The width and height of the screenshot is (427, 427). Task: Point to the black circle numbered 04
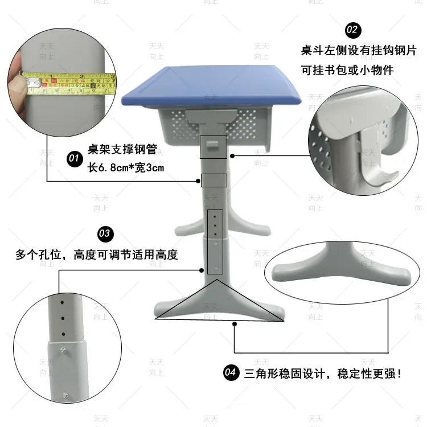(230, 373)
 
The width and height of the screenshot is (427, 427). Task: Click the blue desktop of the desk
(213, 85)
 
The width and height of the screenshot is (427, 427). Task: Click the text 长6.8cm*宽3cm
(126, 167)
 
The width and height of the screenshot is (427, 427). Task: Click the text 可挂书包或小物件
(347, 70)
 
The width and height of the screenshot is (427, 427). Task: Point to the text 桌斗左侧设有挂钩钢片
(359, 51)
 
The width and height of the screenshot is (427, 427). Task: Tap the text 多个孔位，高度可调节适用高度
(97, 254)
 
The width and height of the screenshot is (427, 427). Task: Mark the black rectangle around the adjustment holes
(215, 242)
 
